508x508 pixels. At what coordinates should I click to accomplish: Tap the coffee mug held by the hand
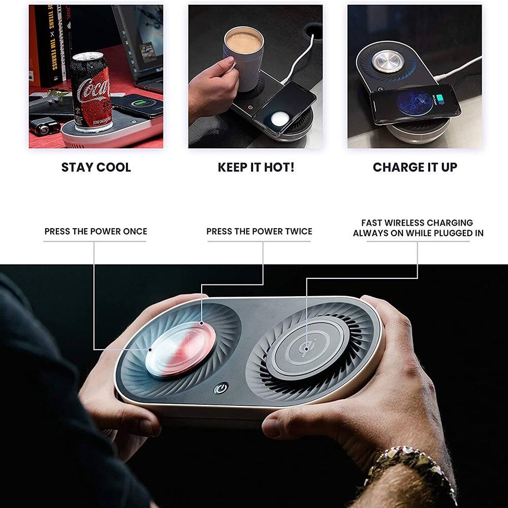243,56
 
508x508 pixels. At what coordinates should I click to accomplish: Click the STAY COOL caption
96,168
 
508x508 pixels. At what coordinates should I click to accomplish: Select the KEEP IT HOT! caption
256,168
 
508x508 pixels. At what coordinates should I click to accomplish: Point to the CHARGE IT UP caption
415,168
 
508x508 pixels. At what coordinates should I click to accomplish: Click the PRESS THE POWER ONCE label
96,232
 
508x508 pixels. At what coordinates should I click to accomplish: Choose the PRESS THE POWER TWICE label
259,232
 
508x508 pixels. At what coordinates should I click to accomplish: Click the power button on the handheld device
221,389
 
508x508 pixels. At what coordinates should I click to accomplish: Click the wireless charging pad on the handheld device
308,348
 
